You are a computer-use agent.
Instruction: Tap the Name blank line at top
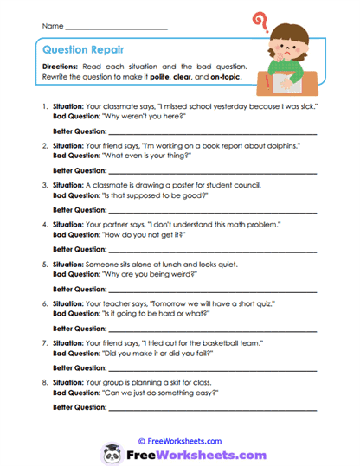(x=116, y=28)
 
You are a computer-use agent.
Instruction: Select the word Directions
(x=63, y=67)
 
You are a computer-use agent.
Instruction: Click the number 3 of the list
(x=43, y=185)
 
